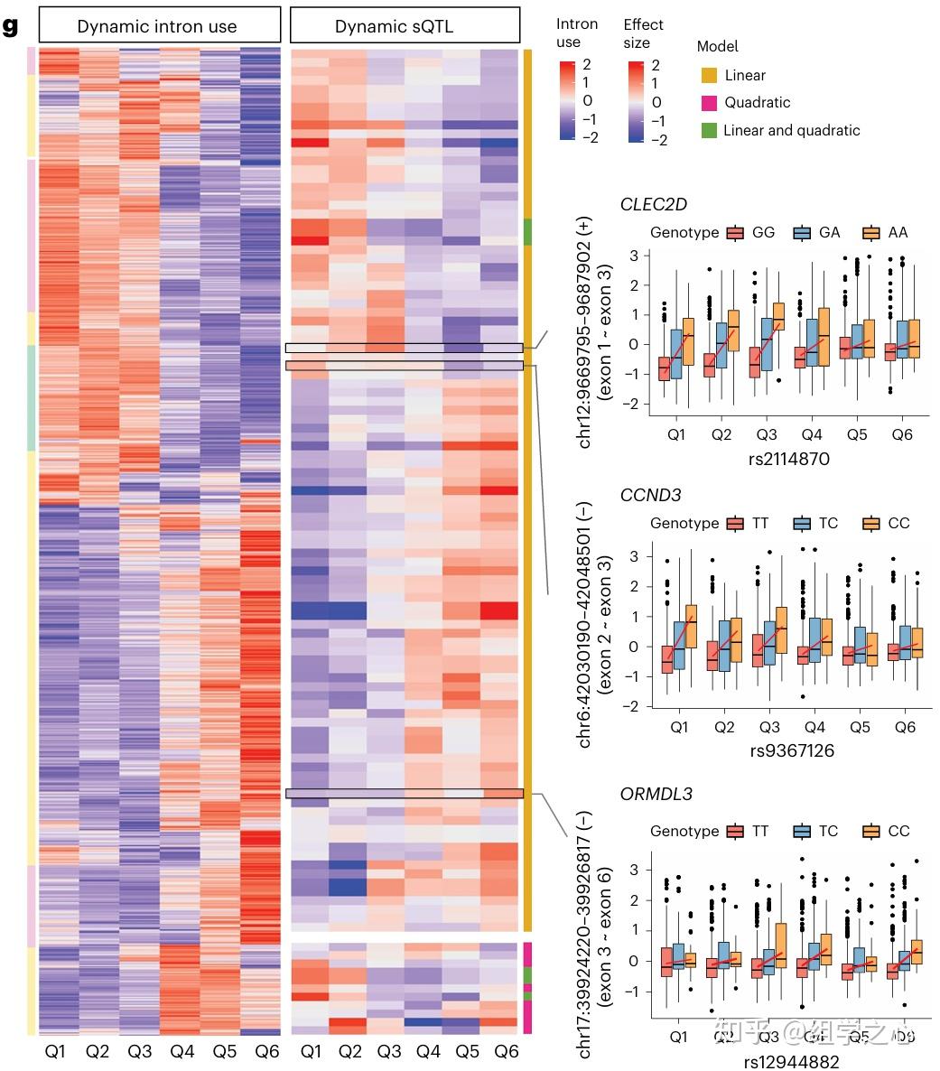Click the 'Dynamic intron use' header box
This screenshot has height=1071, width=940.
pos(157,26)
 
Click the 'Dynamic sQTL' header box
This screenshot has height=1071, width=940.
pos(405,26)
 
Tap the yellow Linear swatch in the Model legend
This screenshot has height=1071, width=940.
pos(709,75)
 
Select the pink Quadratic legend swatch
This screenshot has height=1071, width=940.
pos(709,102)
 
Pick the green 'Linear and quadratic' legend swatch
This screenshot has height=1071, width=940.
pos(709,130)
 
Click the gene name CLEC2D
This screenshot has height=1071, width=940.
pos(654,205)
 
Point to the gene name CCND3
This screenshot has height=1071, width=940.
pos(650,495)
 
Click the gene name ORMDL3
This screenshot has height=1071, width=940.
pos(656,795)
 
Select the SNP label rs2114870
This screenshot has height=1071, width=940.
pos(788,460)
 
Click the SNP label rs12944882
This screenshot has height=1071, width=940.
pos(792,1062)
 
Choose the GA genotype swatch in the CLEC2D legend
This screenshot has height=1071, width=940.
pos(802,232)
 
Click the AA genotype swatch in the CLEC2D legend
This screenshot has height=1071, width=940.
pos(871,232)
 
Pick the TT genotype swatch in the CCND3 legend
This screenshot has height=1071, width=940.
pos(735,523)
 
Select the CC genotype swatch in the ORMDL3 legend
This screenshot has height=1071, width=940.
pos(872,831)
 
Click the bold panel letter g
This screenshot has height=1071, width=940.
pos(11,26)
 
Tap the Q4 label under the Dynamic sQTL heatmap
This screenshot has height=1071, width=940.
pos(428,1052)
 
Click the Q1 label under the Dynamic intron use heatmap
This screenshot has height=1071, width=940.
pos(55,1052)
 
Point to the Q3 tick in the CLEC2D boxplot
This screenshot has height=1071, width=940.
pos(767,434)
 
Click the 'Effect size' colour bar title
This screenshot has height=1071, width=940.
pos(643,33)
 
